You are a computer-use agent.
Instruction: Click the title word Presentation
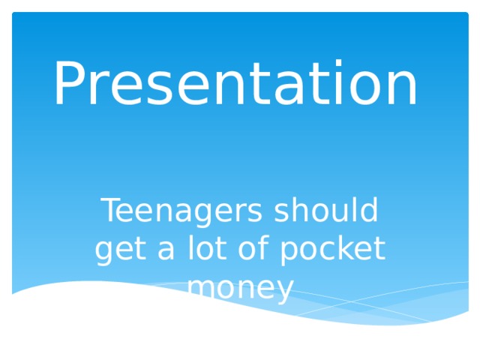[235, 84]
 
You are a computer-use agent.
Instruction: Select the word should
[325, 211]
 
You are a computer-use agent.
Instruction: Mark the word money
[240, 288]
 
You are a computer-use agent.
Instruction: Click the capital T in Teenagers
[111, 211]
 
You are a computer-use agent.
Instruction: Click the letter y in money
[285, 291]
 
